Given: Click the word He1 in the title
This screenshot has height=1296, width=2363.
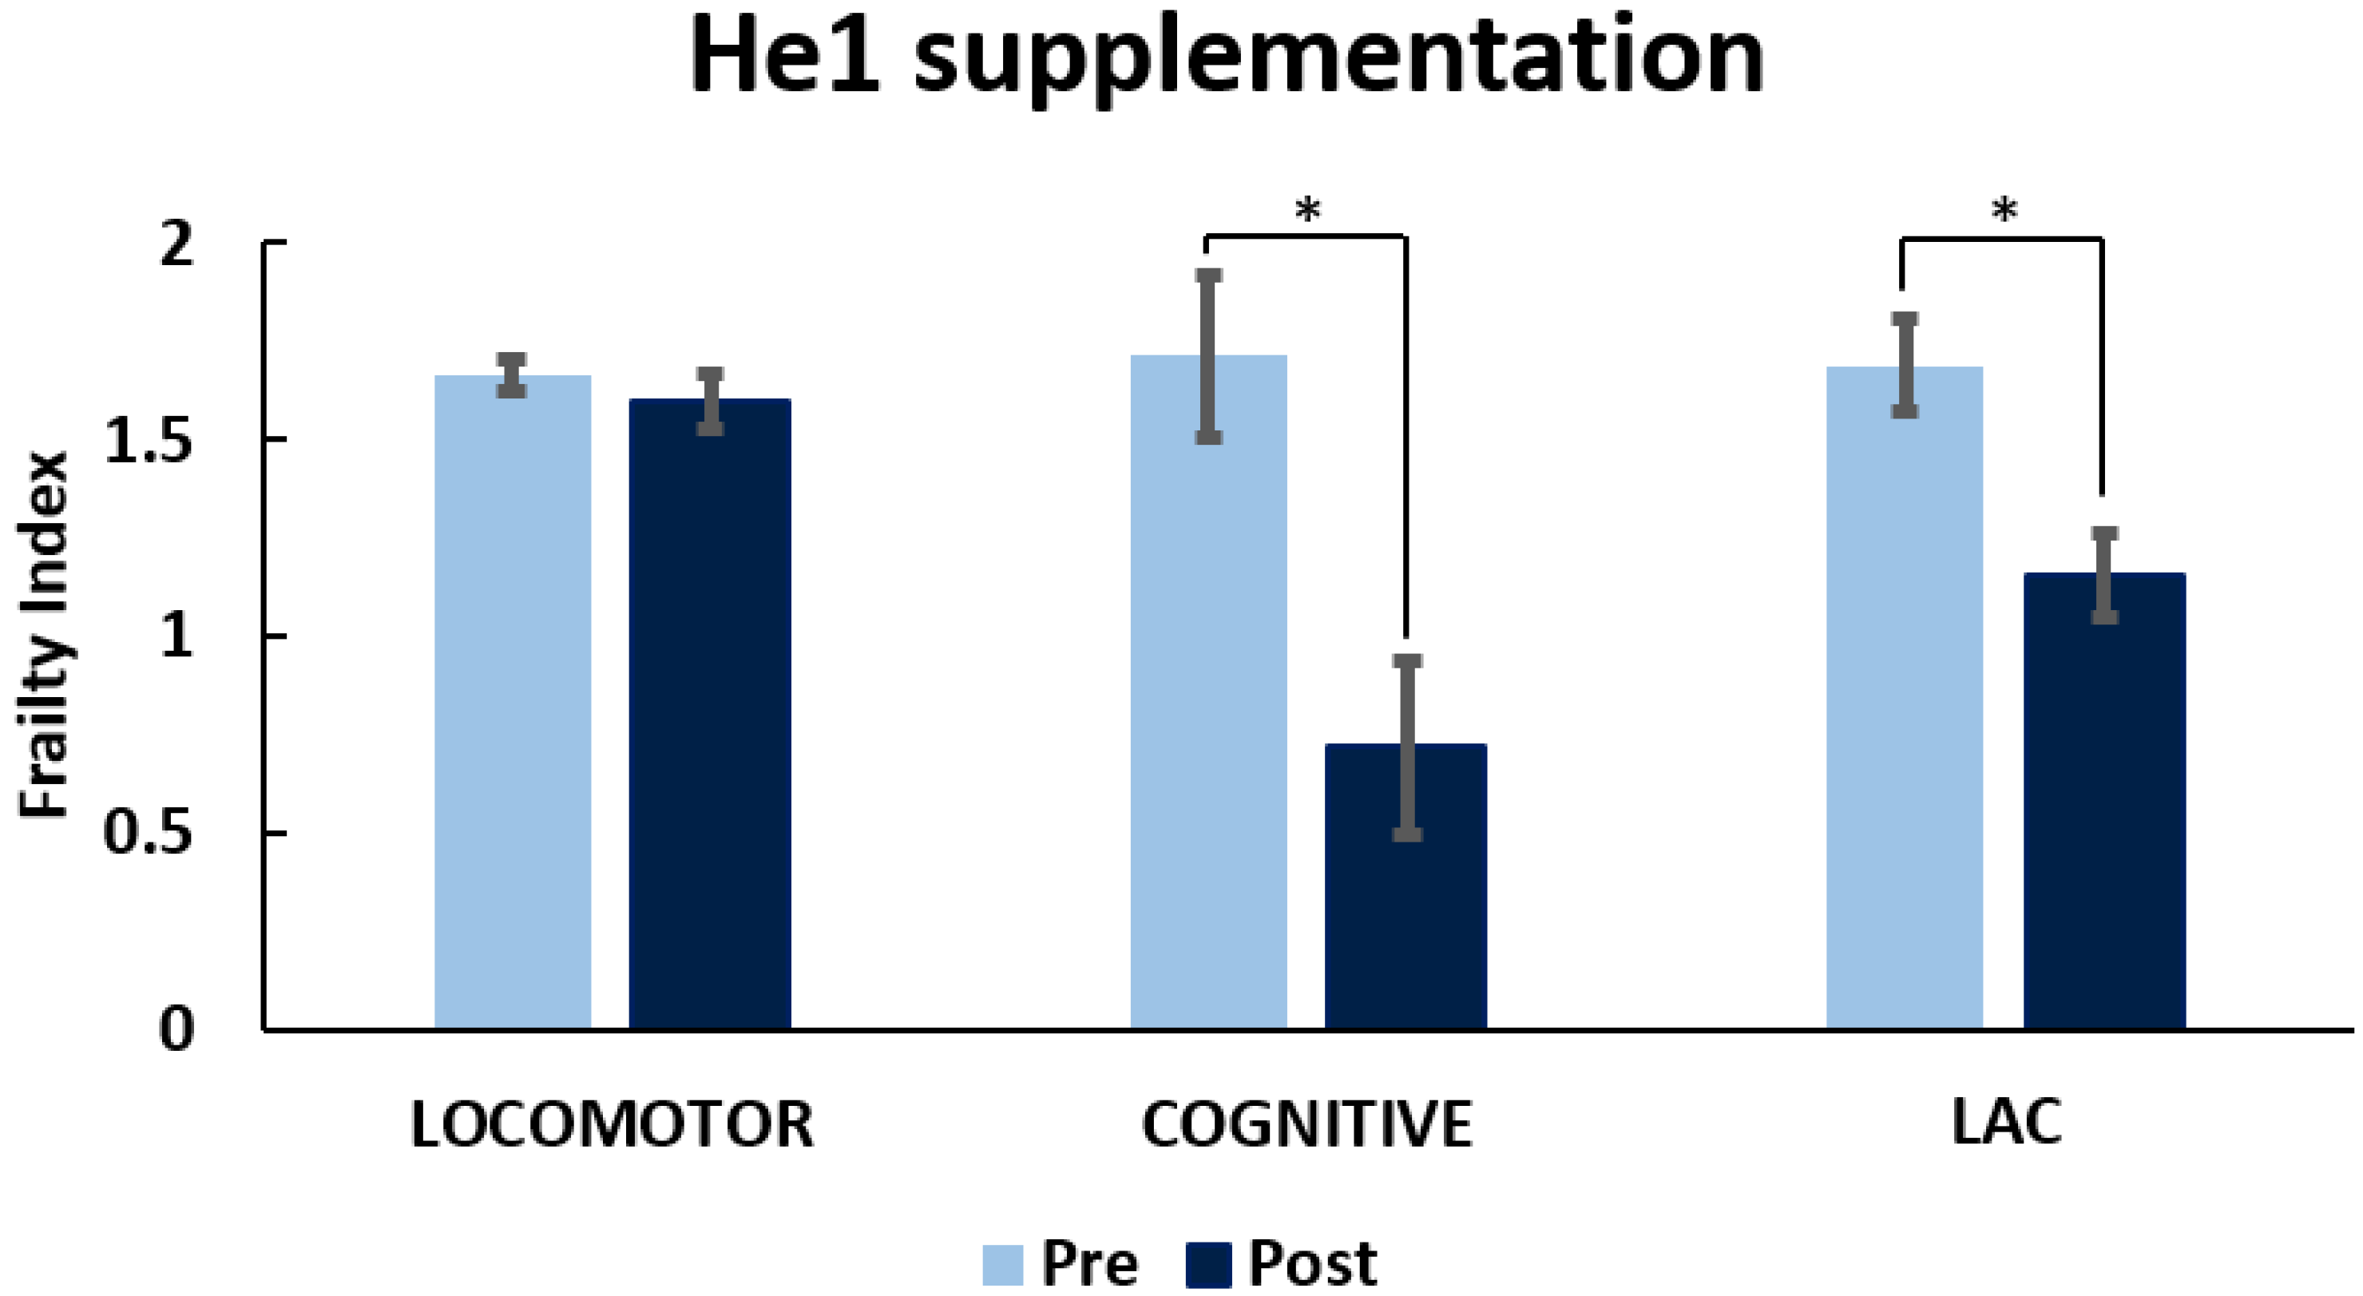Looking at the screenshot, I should click(785, 57).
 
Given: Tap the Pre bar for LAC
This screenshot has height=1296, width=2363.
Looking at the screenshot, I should click(1905, 697).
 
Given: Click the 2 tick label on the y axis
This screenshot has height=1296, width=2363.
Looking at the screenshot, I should click(176, 245).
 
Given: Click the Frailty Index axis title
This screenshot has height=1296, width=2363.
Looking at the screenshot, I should click(44, 635).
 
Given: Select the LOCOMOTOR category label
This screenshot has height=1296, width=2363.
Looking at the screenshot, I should click(612, 1124).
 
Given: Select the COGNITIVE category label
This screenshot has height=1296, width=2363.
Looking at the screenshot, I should click(1306, 1124).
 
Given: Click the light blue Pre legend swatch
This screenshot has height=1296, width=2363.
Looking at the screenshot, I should click(1003, 1265).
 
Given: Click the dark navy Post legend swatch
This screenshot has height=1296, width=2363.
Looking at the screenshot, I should click(1208, 1265).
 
